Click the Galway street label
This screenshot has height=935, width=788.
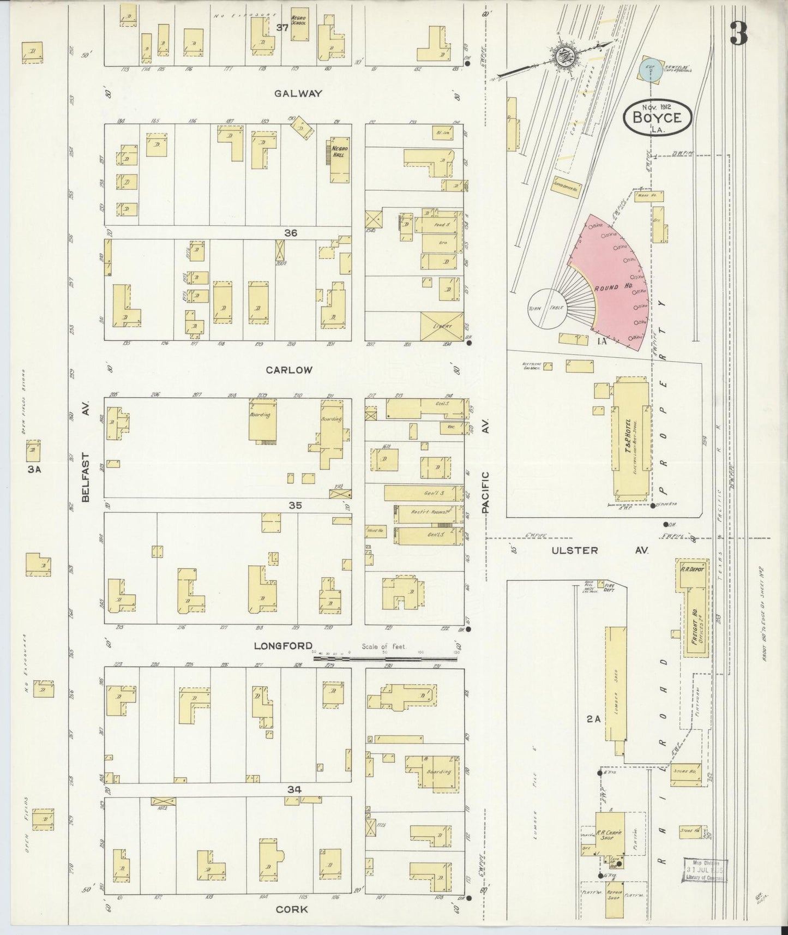[x=298, y=93]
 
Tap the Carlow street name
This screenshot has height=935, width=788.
[x=289, y=370]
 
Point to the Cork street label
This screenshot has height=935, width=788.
[x=291, y=909]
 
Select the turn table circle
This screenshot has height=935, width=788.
[x=547, y=309]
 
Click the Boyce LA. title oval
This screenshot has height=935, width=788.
[x=658, y=117]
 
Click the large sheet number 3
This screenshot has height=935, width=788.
[x=738, y=34]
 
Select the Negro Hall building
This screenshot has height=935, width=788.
[x=340, y=159]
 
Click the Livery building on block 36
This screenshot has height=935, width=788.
[x=442, y=327]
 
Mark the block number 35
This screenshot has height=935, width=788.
[x=295, y=506]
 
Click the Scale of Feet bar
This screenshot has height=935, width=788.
[x=385, y=658]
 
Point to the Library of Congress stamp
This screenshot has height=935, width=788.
[x=705, y=870]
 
